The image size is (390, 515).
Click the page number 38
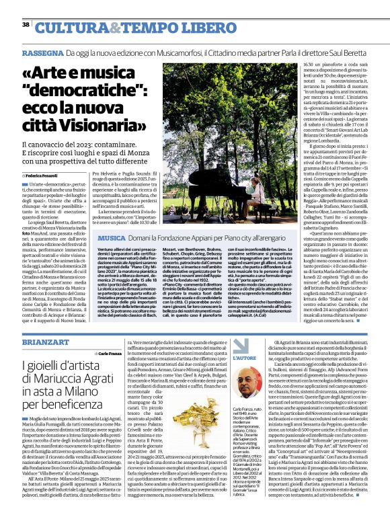point(25,25)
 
